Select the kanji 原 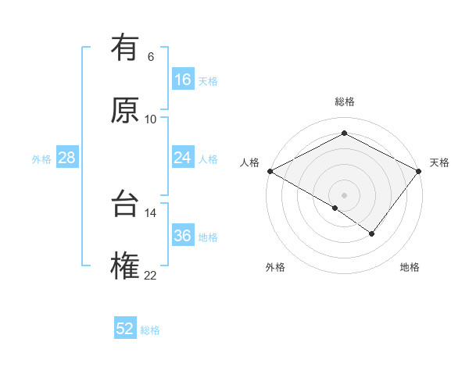125,110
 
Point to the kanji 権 125,265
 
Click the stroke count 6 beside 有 151,57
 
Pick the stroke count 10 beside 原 151,119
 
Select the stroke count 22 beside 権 151,275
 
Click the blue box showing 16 182,80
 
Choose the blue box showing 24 182,158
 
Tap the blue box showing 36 182,236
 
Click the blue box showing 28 66,158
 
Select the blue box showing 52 125,329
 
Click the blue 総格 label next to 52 150,330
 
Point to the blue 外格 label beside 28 41,159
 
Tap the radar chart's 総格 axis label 344,102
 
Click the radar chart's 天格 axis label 439,162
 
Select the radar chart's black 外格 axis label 275,268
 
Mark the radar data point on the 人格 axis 270,171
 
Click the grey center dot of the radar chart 344,194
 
